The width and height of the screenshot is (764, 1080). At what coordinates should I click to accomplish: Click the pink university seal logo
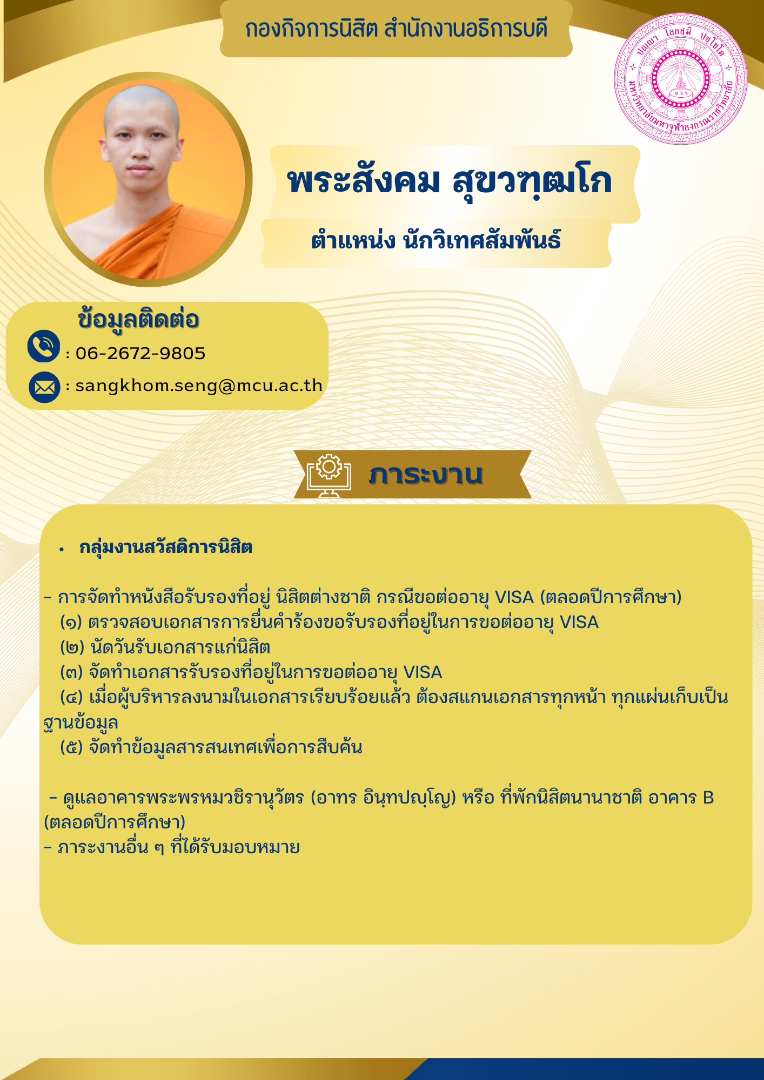[681, 79]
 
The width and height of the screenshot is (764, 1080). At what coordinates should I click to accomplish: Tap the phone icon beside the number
[43, 346]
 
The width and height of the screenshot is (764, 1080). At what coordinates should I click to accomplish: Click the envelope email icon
[44, 387]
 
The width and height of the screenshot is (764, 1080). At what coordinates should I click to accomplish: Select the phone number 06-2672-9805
[140, 353]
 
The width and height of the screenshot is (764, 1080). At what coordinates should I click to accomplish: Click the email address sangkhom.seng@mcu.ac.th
[199, 386]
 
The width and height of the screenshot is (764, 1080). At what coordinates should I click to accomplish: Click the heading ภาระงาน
[426, 474]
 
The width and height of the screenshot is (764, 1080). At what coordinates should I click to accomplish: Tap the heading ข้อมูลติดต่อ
[139, 319]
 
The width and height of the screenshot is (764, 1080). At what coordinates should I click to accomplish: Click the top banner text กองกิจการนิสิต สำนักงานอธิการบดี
[396, 29]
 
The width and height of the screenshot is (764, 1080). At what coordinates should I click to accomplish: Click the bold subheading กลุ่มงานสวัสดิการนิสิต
[166, 548]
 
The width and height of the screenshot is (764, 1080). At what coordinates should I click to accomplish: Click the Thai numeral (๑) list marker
[71, 623]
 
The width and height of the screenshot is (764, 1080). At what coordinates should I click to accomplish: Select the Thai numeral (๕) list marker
[71, 748]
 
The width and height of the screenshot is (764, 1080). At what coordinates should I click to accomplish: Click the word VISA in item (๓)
[423, 673]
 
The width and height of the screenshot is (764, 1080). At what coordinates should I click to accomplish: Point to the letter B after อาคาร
[708, 798]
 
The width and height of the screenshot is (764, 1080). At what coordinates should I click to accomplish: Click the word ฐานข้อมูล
[81, 723]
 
